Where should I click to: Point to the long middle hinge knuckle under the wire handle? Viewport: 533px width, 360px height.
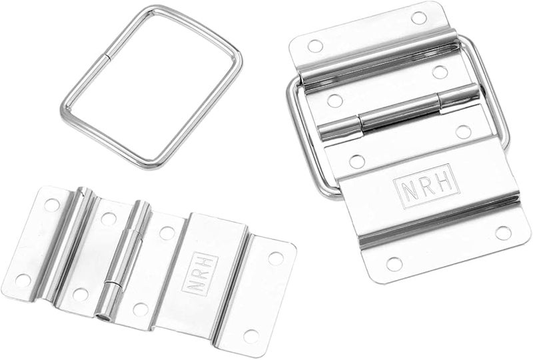[x=398, y=113]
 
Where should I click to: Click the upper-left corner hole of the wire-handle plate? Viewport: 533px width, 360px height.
[x=314, y=45]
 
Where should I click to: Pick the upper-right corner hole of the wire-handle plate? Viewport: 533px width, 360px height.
[x=419, y=18]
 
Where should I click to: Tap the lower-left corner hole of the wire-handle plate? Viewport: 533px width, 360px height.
[x=394, y=264]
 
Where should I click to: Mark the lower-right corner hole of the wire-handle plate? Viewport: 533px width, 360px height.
[x=503, y=233]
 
